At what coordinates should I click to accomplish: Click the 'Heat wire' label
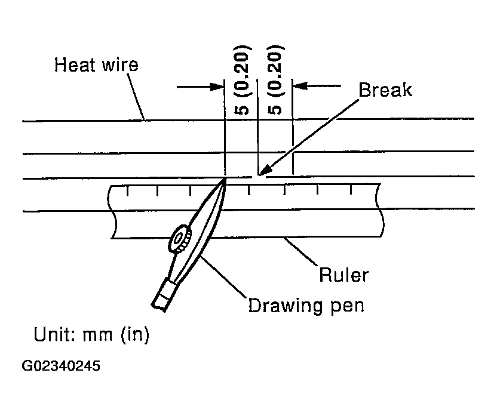(x=96, y=64)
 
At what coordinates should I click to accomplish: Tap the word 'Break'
(x=385, y=90)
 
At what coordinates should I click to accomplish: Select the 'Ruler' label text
(x=343, y=275)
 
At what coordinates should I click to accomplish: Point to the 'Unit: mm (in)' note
(x=91, y=335)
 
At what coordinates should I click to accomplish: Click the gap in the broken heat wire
(x=259, y=177)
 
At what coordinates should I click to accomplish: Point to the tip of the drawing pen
(x=225, y=179)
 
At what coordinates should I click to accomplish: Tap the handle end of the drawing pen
(x=161, y=298)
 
